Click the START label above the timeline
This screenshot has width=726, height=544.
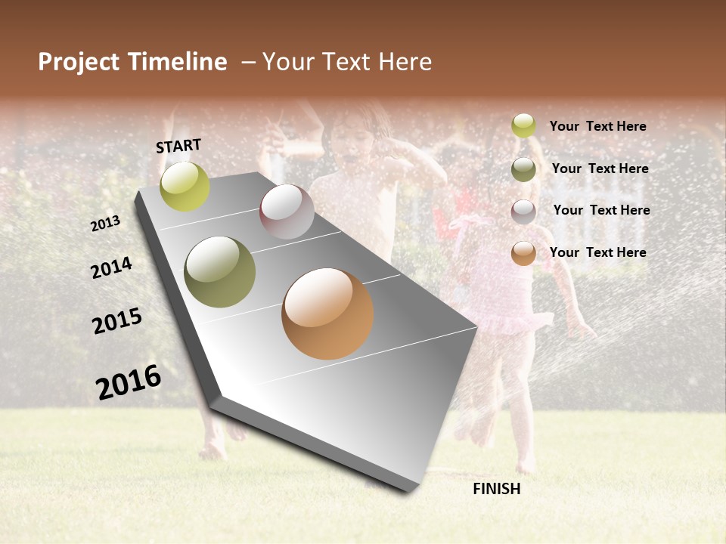click(178, 145)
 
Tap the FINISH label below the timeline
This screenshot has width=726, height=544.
click(496, 489)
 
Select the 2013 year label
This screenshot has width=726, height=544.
click(106, 223)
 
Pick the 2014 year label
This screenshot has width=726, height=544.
click(112, 267)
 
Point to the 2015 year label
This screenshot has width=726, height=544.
click(117, 321)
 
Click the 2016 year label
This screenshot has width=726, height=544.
click(129, 382)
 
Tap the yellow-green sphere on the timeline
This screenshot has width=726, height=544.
click(185, 187)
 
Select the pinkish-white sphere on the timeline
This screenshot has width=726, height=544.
click(287, 212)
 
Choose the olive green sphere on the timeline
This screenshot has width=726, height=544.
click(220, 272)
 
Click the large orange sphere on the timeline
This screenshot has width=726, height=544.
click(327, 314)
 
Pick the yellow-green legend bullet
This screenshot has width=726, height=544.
click(523, 125)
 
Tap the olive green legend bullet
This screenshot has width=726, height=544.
click(523, 168)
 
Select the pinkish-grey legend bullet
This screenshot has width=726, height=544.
click(523, 211)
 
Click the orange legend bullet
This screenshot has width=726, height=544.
click(523, 253)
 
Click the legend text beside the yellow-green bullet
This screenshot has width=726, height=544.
click(597, 126)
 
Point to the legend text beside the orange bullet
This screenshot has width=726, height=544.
click(597, 252)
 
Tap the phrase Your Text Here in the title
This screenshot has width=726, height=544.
click(347, 62)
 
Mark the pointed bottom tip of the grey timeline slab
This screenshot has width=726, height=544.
click(408, 490)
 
